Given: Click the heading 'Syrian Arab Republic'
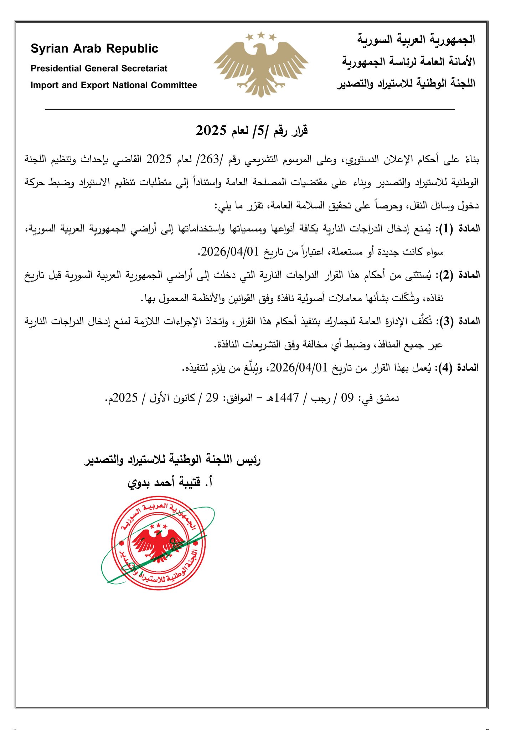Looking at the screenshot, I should [94, 48].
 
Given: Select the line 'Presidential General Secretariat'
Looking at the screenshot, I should [99, 68].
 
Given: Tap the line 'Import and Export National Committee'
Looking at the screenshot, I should [114, 85].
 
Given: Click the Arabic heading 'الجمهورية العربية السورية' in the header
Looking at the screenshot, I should [416, 39].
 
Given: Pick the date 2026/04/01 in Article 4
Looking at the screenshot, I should [299, 368].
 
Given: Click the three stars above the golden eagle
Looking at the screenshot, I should [261, 35].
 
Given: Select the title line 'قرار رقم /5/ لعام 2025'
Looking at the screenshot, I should [252, 131].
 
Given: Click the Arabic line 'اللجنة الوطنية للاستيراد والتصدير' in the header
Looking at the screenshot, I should [406, 84].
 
